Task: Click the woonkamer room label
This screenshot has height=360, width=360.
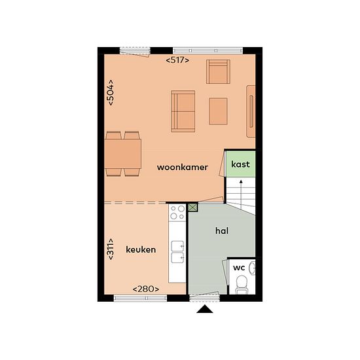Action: pyautogui.click(x=183, y=167)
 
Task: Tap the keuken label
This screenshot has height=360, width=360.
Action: pyautogui.click(x=141, y=249)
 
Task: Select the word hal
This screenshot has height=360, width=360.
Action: pyautogui.click(x=222, y=230)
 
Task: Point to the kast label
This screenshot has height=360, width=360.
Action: pyautogui.click(x=240, y=164)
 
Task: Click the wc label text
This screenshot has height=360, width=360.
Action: pyautogui.click(x=239, y=268)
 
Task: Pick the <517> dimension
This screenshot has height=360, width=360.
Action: pyautogui.click(x=177, y=60)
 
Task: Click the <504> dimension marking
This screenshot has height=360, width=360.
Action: pyautogui.click(x=111, y=92)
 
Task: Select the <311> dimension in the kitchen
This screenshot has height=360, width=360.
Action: pyautogui.click(x=111, y=249)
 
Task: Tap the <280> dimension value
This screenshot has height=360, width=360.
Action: pyautogui.click(x=146, y=289)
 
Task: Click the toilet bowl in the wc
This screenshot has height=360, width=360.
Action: pyautogui.click(x=241, y=284)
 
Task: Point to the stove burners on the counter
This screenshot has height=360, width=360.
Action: pyautogui.click(x=177, y=213)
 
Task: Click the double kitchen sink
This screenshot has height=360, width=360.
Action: pyautogui.click(x=177, y=251)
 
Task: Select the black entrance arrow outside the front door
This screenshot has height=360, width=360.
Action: pyautogui.click(x=205, y=309)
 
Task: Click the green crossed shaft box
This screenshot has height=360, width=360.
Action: pyautogui.click(x=193, y=207)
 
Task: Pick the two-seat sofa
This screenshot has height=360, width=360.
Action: pyautogui.click(x=183, y=111)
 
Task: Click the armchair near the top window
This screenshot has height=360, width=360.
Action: pyautogui.click(x=218, y=71)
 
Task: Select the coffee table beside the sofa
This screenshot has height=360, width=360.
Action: pyautogui.click(x=218, y=111)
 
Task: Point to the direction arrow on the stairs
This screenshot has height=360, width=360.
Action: pyautogui.click(x=241, y=194)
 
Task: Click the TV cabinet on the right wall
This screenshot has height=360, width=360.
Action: pyautogui.click(x=251, y=111)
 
